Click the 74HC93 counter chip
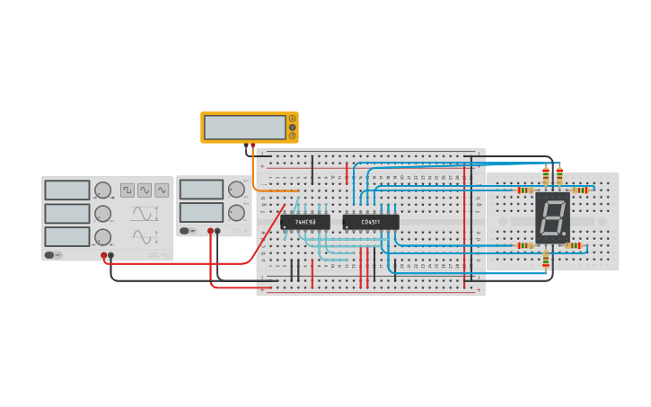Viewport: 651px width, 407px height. pyautogui.click(x=305, y=222)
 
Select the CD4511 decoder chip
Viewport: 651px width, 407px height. pyautogui.click(x=370, y=222)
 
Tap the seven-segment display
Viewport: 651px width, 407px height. pyautogui.click(x=552, y=217)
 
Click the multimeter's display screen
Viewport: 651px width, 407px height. pyautogui.click(x=244, y=128)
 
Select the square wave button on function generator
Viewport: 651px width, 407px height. pyautogui.click(x=128, y=190)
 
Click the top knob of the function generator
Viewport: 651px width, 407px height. pyautogui.click(x=103, y=190)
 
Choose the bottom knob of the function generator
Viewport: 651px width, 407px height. pyautogui.click(x=103, y=237)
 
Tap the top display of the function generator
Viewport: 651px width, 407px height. pyautogui.click(x=67, y=190)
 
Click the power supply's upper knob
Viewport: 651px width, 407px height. pyautogui.click(x=236, y=190)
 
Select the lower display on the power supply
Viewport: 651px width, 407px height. pyautogui.click(x=201, y=212)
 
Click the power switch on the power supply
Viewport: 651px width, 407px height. pyautogui.click(x=185, y=231)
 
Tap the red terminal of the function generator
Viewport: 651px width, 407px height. pyautogui.click(x=104, y=255)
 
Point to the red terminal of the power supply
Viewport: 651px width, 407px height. pyautogui.click(x=210, y=231)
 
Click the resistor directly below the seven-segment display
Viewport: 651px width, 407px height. pyautogui.click(x=546, y=260)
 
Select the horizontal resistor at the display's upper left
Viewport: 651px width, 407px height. pyautogui.click(x=525, y=190)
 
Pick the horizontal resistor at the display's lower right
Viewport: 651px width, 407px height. pyautogui.click(x=573, y=245)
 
